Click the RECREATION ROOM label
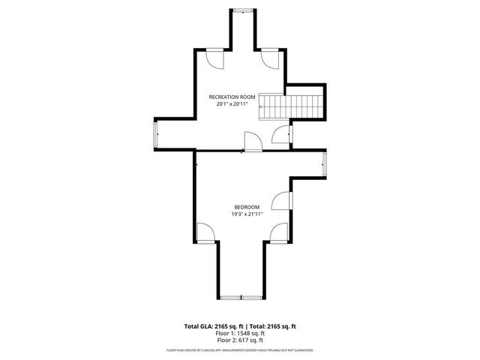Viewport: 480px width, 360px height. point(232,97)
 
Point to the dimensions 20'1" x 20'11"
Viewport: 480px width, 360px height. point(232,104)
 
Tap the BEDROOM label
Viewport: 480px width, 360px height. point(247,207)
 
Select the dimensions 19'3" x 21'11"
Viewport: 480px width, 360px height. point(247,214)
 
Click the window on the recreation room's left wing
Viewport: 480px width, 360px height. point(156,137)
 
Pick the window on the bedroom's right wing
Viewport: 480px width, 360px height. point(324,163)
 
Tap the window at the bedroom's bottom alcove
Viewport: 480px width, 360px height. point(241,298)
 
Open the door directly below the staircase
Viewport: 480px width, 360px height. point(282,136)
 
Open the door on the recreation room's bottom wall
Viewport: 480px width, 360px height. point(253,140)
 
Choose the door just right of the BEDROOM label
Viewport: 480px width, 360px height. point(281,200)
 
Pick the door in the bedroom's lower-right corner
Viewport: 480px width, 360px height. point(280,232)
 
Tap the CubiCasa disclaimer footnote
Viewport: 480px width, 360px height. point(240,350)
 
